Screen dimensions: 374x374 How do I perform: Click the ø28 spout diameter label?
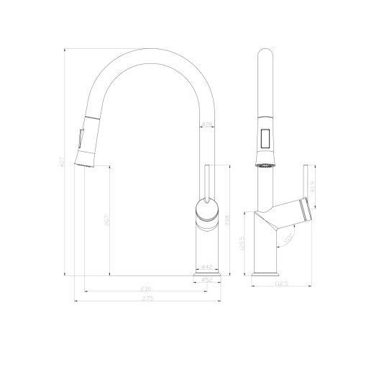point(206,124)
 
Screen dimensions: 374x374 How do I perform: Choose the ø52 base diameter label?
point(206,280)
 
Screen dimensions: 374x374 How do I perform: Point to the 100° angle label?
point(288,235)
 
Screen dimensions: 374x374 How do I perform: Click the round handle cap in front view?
point(206,211)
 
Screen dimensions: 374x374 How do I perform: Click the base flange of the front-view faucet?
point(206,273)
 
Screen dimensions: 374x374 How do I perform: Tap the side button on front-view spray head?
point(80,137)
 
